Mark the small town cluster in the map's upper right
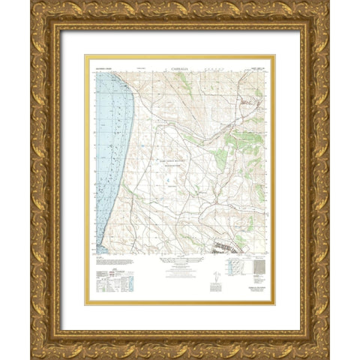[246, 97]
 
